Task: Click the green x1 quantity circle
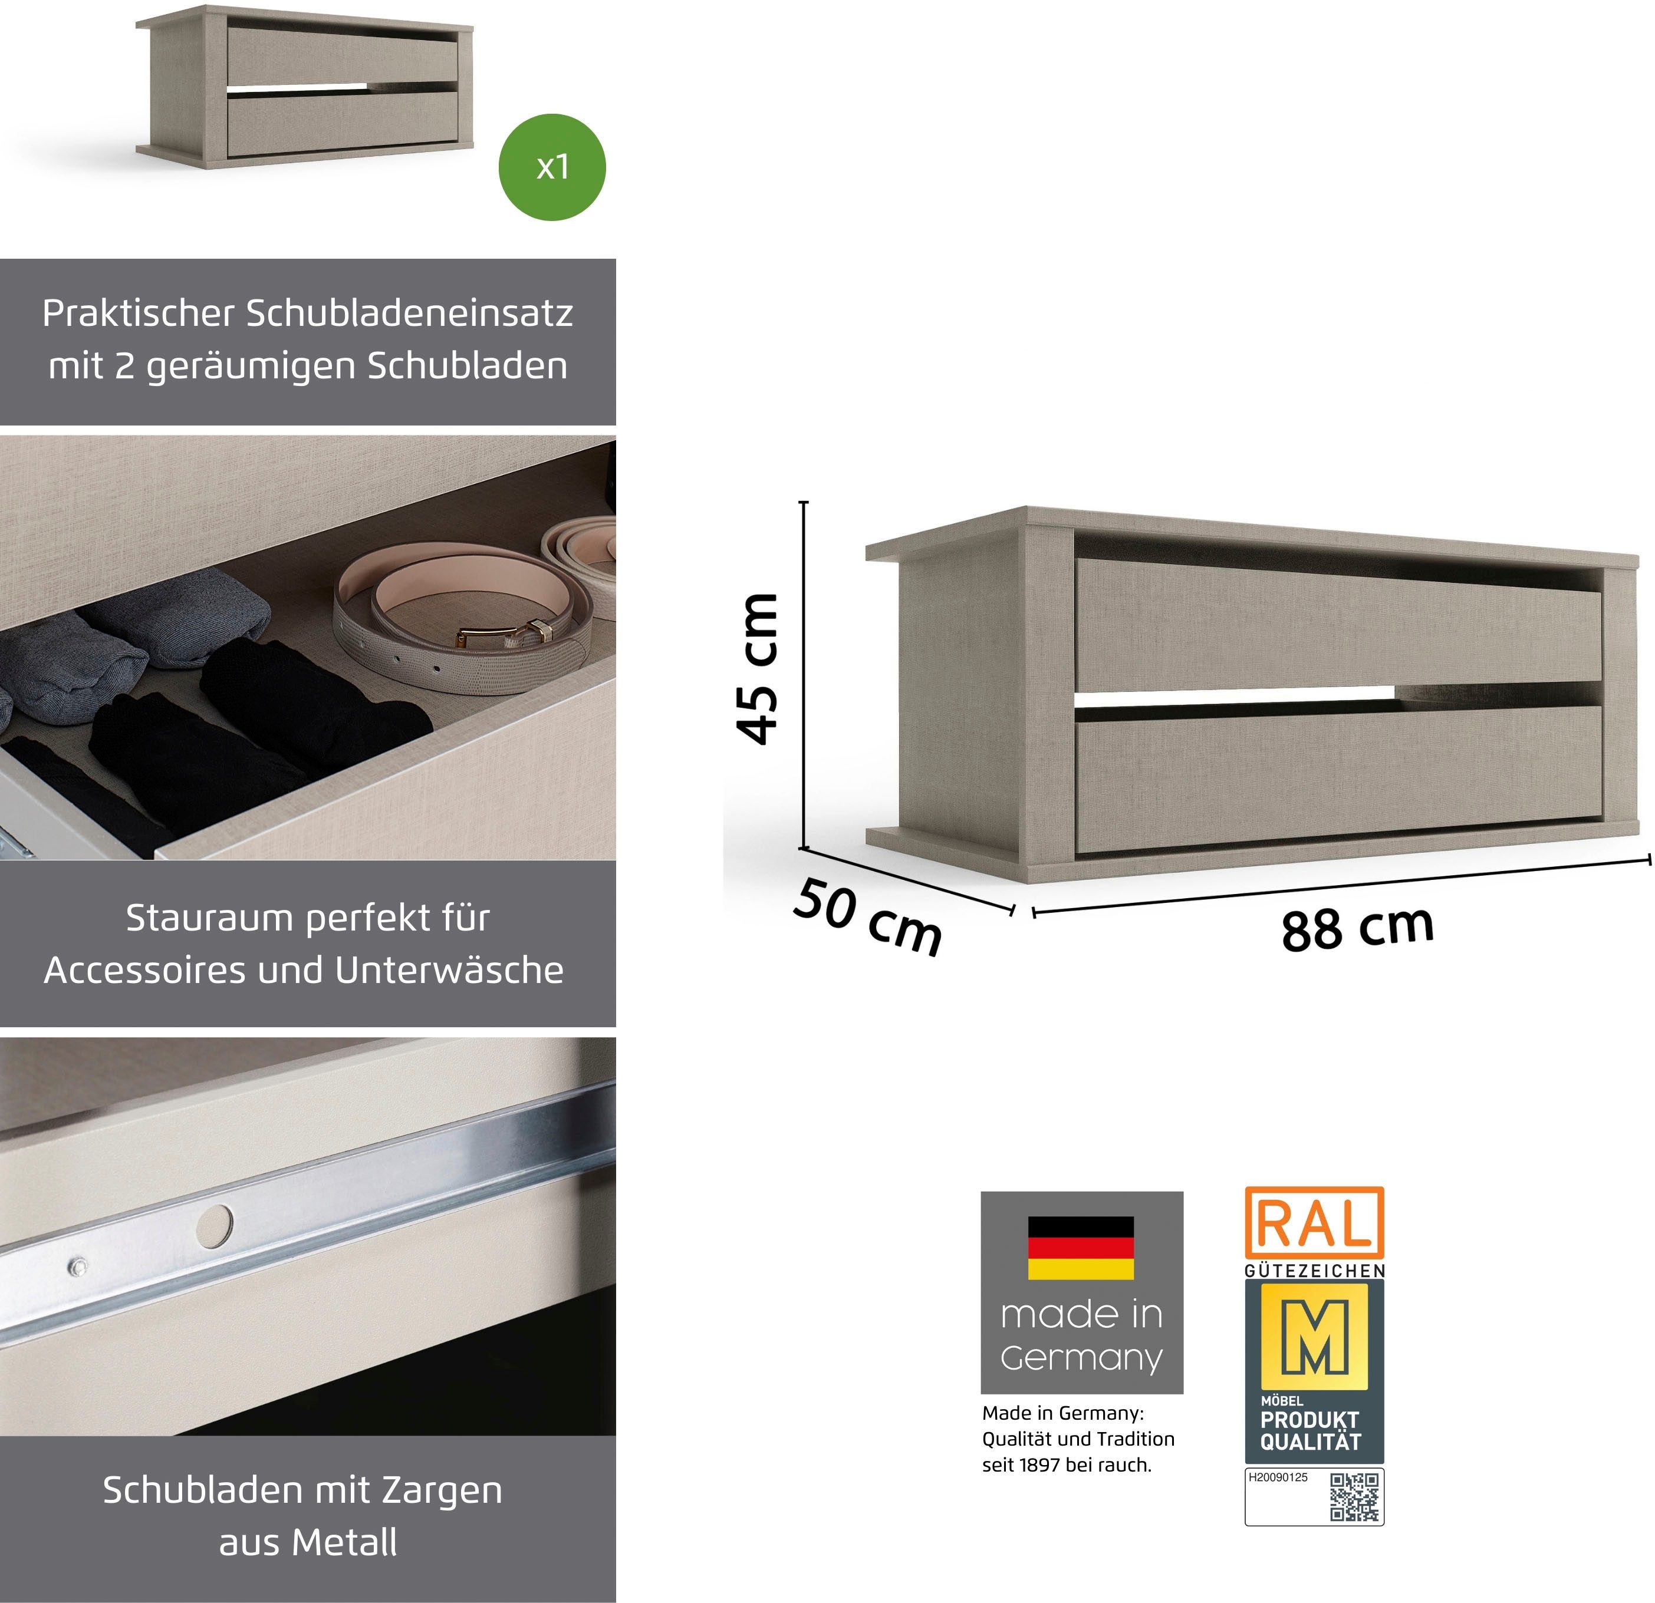(x=552, y=167)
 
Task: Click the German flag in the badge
(x=1081, y=1248)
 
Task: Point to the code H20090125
(x=1278, y=1477)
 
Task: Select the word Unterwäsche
(x=449, y=970)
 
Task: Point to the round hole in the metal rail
(x=215, y=1225)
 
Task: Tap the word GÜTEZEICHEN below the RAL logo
(x=1315, y=1271)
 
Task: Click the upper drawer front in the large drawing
(x=1338, y=625)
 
